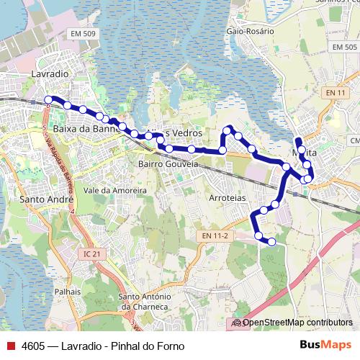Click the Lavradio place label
(x=50, y=73)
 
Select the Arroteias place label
(x=228, y=197)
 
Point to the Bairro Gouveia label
(x=168, y=164)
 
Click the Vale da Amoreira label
(x=115, y=190)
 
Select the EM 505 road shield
(x=345, y=46)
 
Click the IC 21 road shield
(x=94, y=253)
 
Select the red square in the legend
(x=10, y=346)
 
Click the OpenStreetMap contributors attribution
(x=297, y=323)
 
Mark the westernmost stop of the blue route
(x=48, y=100)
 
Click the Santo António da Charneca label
(x=144, y=302)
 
